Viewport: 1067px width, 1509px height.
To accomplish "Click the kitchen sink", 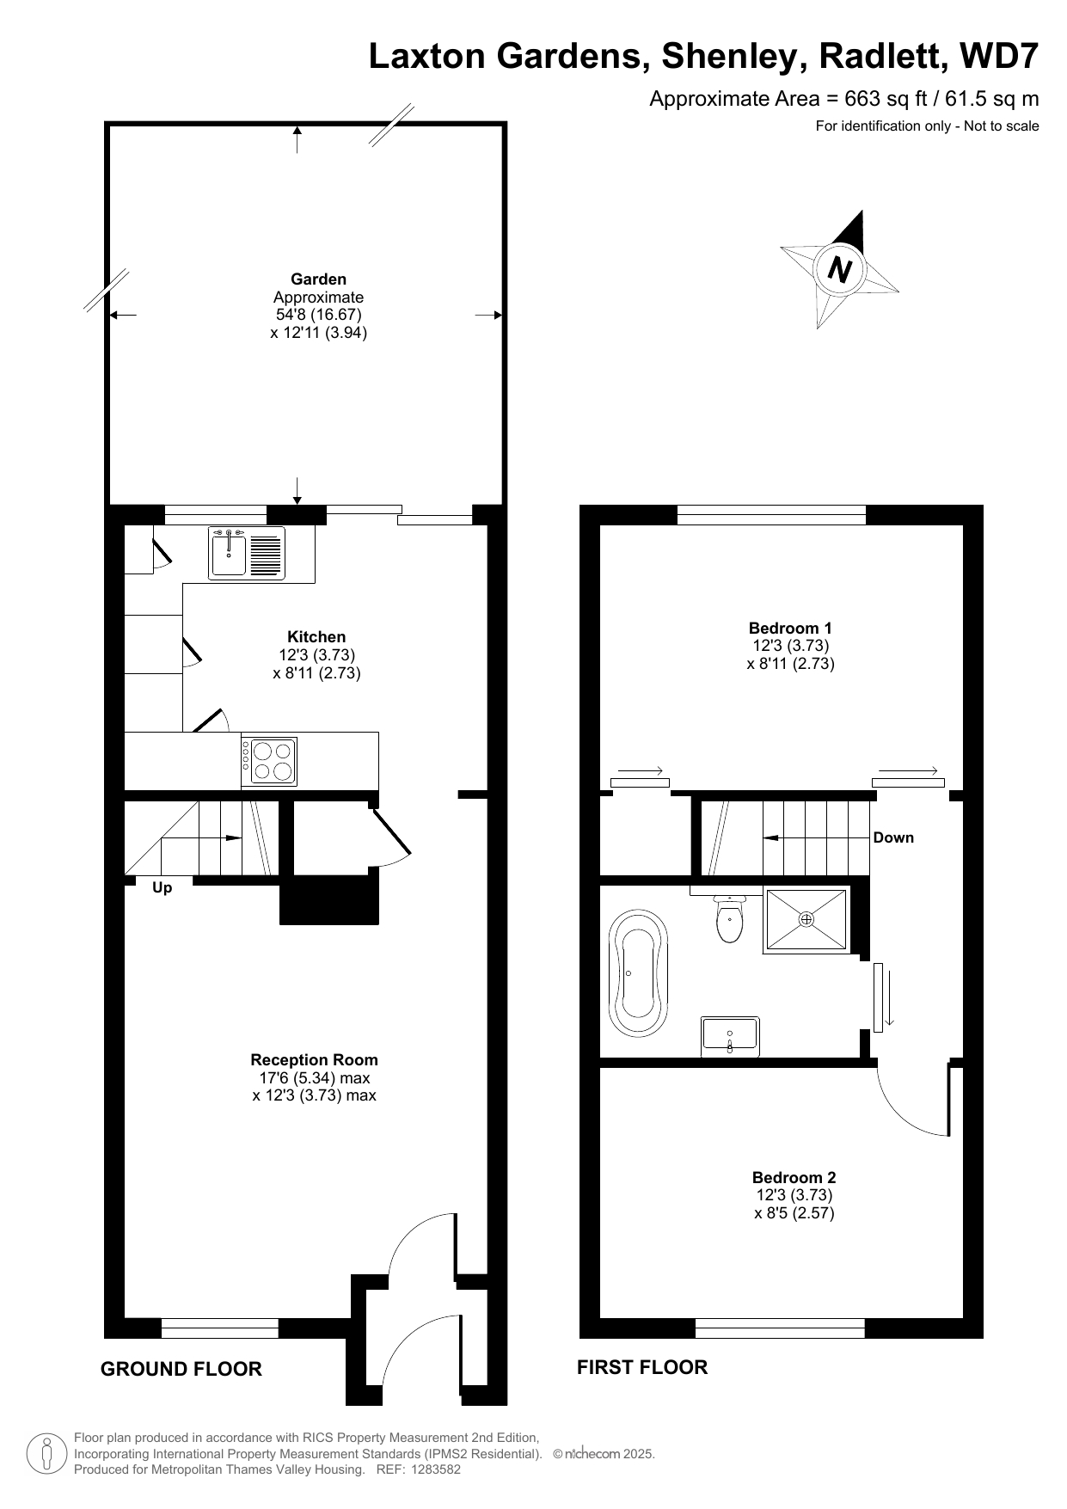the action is tap(246, 552).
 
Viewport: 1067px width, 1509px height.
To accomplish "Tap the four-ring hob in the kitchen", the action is tap(269, 761).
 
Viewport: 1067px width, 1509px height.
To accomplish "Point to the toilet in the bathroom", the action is tap(729, 917).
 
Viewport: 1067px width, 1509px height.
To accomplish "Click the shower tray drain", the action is tap(806, 920).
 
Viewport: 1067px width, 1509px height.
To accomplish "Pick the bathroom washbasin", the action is tap(730, 1035).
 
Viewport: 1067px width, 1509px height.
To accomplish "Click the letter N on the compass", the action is tap(839, 271).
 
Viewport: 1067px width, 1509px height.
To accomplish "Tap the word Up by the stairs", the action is tap(162, 888).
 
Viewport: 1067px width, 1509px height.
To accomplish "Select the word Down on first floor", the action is tap(893, 837).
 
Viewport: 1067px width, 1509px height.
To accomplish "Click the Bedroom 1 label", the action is tap(790, 628).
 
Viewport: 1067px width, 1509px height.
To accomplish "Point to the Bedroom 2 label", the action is tap(794, 1177).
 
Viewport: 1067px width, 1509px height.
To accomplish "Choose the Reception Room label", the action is tap(314, 1060).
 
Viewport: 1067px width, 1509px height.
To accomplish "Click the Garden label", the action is tap(318, 279).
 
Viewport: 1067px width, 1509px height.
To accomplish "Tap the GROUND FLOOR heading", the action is tap(181, 1369).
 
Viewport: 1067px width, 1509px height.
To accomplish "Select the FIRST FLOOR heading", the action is tap(642, 1367).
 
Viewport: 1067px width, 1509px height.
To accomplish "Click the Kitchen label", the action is tap(316, 636).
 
